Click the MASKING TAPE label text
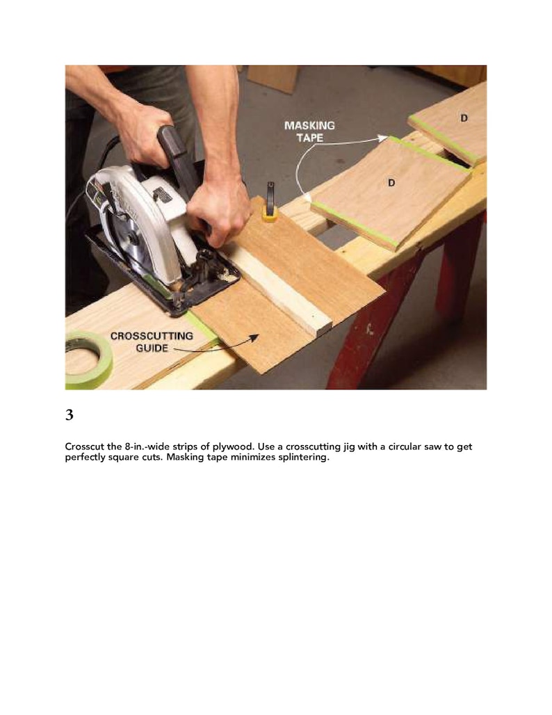309,130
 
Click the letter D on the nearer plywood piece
391,182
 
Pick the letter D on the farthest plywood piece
463,118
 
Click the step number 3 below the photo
69,415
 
